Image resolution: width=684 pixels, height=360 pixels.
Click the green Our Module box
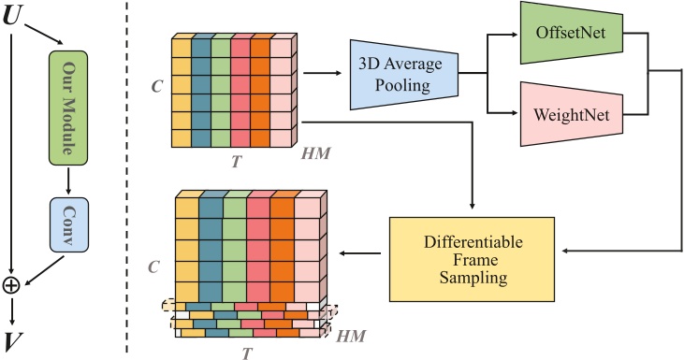point(67,95)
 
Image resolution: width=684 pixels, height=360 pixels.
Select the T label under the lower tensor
point(246,353)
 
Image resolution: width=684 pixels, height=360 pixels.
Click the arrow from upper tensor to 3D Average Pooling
point(323,69)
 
